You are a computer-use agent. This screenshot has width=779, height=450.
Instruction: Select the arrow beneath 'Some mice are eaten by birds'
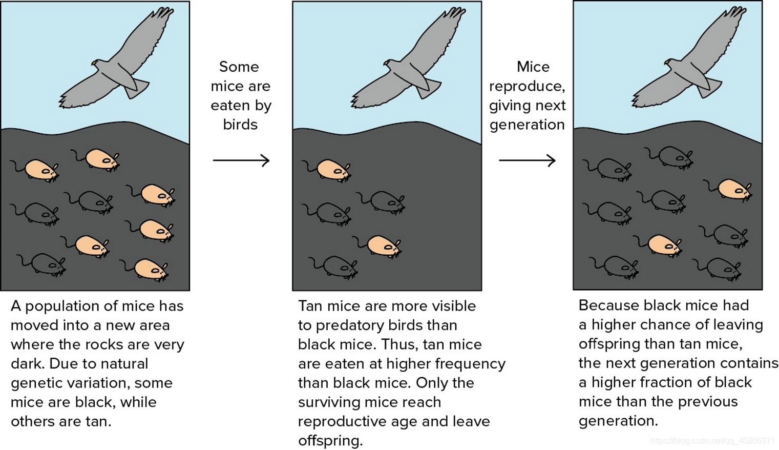(241, 160)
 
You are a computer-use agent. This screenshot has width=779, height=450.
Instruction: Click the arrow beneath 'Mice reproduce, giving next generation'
(527, 160)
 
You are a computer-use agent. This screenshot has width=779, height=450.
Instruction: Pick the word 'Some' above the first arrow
(239, 67)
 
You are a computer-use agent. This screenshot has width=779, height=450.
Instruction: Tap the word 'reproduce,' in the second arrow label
(527, 86)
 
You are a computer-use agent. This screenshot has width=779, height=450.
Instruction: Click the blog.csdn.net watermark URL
(712, 441)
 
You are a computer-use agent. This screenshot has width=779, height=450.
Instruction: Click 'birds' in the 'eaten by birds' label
(240, 125)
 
